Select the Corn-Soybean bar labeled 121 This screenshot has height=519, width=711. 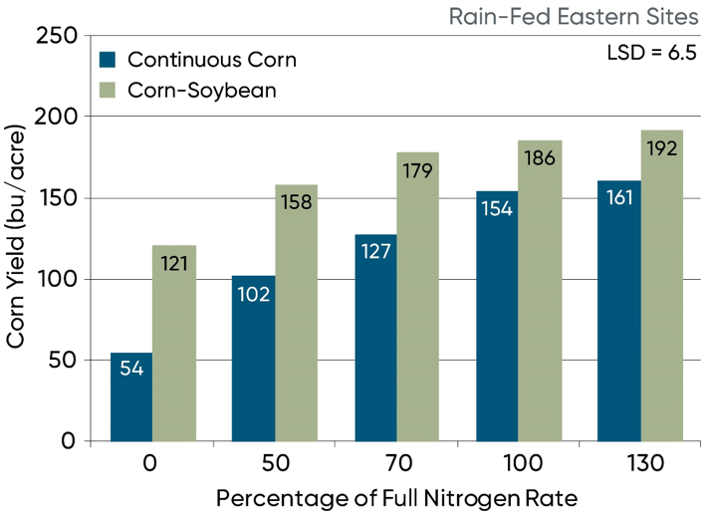pyautogui.click(x=173, y=344)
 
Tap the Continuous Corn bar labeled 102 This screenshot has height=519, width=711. pyautogui.click(x=253, y=359)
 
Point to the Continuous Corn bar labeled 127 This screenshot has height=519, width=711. pyautogui.click(x=375, y=339)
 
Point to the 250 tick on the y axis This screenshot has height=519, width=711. pyautogui.click(x=57, y=36)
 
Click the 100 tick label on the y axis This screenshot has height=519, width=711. pyautogui.click(x=57, y=279)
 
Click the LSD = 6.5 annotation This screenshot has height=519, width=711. pyautogui.click(x=651, y=52)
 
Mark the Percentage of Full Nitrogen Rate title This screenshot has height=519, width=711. pyautogui.click(x=396, y=497)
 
